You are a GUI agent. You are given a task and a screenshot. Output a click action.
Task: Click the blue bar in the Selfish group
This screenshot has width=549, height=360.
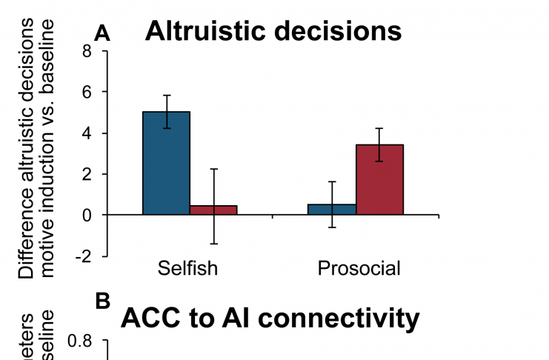tap(166, 163)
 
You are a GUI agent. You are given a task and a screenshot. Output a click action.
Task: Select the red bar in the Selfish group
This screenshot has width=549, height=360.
tap(213, 210)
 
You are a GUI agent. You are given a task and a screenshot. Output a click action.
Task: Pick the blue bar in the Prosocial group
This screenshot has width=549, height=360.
tap(332, 209)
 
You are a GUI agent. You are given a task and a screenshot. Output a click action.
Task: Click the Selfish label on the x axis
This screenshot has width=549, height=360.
tap(188, 268)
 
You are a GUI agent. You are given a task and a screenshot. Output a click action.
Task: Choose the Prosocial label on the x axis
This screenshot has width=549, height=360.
tap(359, 268)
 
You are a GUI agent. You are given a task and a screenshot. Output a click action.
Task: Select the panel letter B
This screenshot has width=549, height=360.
tap(103, 301)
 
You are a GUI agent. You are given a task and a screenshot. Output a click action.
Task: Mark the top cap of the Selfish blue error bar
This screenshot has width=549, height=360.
tap(166, 96)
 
